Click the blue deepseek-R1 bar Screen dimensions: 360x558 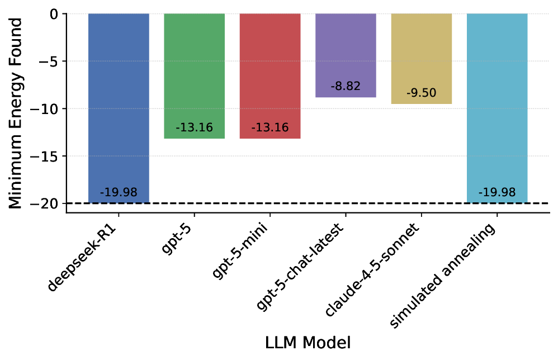click(x=119, y=106)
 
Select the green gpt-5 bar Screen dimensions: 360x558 click(x=194, y=73)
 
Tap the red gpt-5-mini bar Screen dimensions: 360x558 click(x=270, y=73)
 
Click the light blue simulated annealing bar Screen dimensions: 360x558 click(x=497, y=106)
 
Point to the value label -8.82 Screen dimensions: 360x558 click(x=346, y=87)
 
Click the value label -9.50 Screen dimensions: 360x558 click(x=421, y=93)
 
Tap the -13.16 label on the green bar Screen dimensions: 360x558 click(x=194, y=127)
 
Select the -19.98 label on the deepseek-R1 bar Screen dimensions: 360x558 click(x=119, y=192)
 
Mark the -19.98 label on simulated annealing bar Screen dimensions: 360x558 click(x=497, y=192)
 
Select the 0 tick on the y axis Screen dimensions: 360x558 click(x=54, y=13)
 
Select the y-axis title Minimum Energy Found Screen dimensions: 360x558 click(x=17, y=113)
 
